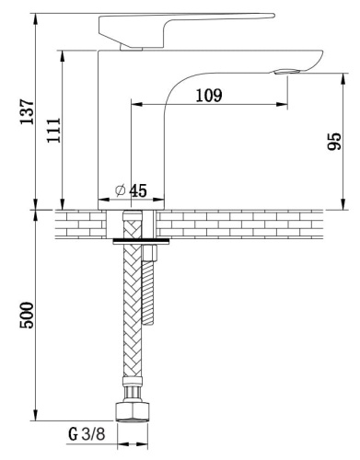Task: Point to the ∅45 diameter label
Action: click(132, 190)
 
